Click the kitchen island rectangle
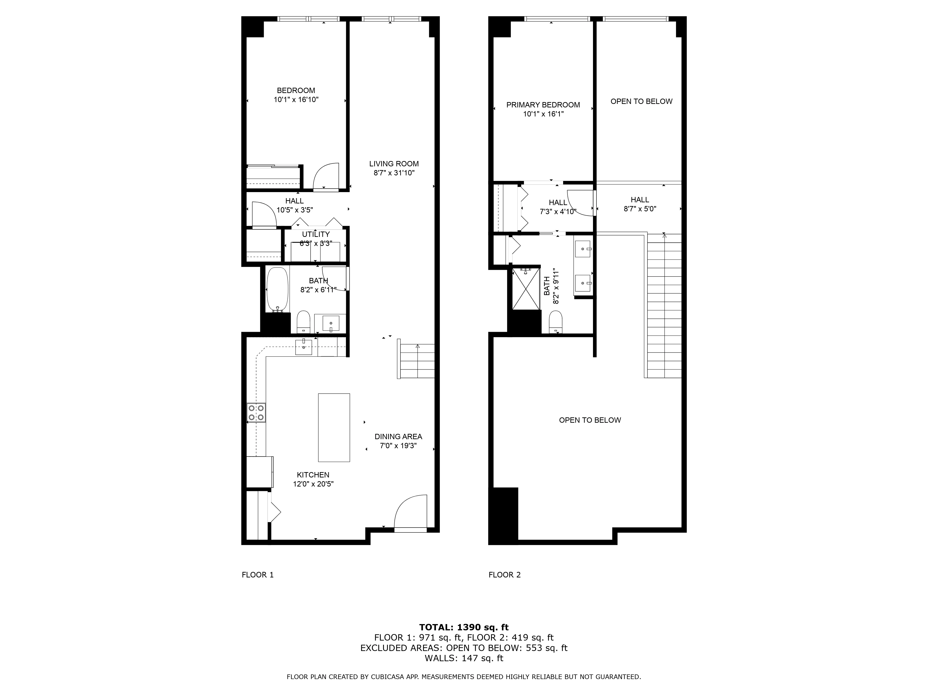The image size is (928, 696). click(334, 428)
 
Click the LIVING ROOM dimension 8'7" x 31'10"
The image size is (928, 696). click(394, 173)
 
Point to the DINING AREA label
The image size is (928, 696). click(398, 437)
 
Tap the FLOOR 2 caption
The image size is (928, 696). click(504, 575)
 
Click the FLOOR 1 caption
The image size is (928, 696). click(258, 575)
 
